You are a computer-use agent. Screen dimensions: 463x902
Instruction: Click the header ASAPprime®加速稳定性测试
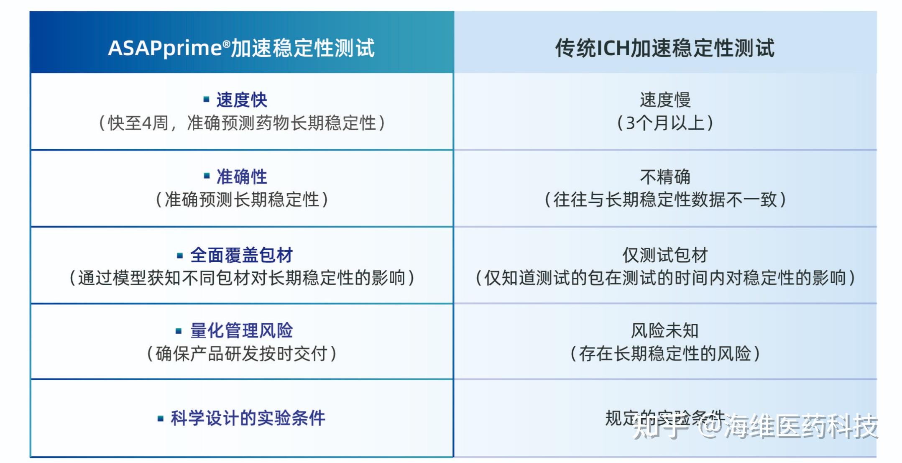coord(241,48)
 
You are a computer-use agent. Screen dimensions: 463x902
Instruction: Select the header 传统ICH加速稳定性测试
coord(664,48)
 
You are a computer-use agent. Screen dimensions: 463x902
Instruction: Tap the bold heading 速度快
coord(241,100)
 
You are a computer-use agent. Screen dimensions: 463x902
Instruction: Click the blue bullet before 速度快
coord(206,100)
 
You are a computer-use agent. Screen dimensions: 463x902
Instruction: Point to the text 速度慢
coord(665,100)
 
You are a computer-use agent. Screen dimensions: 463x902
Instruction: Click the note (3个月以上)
coord(665,123)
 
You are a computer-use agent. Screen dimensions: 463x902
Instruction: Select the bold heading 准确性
coord(241,177)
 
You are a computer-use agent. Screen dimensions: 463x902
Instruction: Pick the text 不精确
coord(665,177)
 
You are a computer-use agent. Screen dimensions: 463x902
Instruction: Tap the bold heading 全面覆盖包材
coord(241,255)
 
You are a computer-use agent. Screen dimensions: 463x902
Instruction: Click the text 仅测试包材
coord(665,255)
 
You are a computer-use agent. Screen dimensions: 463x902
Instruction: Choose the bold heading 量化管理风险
coord(241,331)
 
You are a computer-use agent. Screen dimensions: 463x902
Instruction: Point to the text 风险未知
coord(665,331)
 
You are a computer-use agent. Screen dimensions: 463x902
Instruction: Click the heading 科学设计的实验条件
coord(248,418)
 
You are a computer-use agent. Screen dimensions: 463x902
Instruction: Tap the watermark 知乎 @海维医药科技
coord(755,427)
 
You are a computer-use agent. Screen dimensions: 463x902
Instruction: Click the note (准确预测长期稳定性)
coord(241,200)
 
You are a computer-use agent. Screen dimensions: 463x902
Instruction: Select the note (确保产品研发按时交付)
coord(241,354)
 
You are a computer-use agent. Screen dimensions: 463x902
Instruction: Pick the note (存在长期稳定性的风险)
coord(665,354)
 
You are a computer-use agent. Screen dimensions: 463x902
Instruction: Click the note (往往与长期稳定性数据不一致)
coord(665,200)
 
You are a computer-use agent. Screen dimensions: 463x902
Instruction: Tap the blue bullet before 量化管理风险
coord(179,331)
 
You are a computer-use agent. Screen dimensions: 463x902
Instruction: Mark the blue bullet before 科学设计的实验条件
coord(160,418)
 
